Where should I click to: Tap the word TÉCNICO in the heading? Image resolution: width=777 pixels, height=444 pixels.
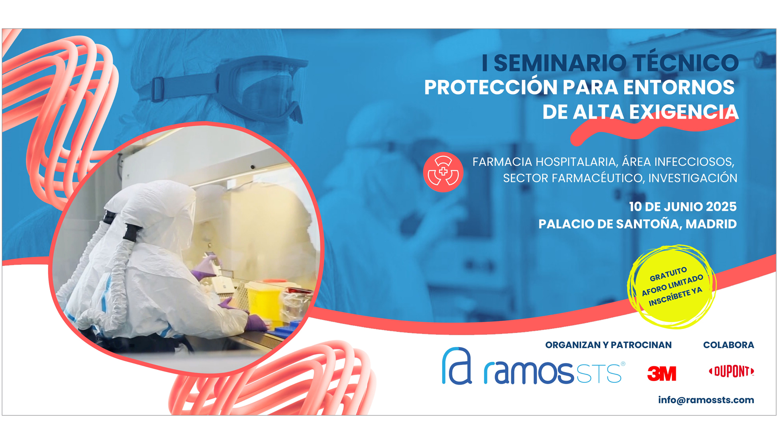pyautogui.click(x=686, y=63)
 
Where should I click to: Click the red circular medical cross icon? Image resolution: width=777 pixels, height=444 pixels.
pyautogui.click(x=443, y=172)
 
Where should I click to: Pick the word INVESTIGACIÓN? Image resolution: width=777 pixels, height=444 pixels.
pyautogui.click(x=692, y=178)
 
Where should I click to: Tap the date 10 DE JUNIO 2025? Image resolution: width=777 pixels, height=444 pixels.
pyautogui.click(x=682, y=206)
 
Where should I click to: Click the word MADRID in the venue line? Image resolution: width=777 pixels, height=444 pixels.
pyautogui.click(x=711, y=224)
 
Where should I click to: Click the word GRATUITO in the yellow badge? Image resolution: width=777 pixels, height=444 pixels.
pyautogui.click(x=668, y=274)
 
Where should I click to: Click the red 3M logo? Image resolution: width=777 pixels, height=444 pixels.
pyautogui.click(x=662, y=373)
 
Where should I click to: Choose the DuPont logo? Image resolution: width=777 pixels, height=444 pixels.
pyautogui.click(x=731, y=371)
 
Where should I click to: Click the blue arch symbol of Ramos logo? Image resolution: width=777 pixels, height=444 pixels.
pyautogui.click(x=456, y=366)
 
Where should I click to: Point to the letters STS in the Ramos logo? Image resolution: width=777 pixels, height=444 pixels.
pyautogui.click(x=599, y=373)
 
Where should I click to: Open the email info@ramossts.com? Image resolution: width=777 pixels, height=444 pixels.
pyautogui.click(x=706, y=400)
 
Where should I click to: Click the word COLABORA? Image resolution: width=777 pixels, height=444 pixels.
pyautogui.click(x=728, y=345)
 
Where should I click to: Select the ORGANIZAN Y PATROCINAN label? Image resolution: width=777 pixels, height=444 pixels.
pyautogui.click(x=608, y=345)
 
